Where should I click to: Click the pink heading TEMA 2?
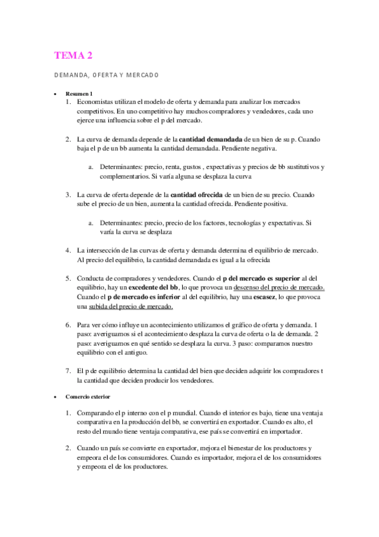click(73, 56)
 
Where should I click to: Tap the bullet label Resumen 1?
click(79, 93)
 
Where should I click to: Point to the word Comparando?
click(97, 412)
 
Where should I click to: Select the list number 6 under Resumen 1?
click(68, 325)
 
